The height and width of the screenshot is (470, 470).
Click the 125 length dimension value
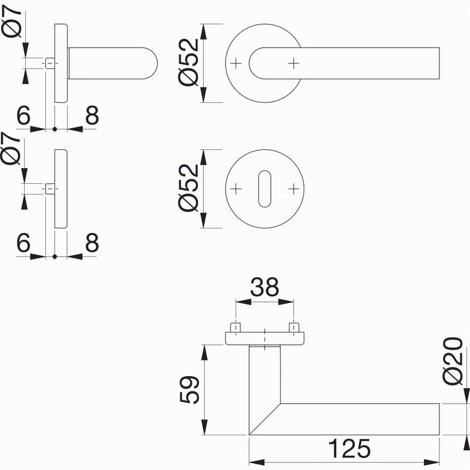pyautogui.click(x=349, y=448)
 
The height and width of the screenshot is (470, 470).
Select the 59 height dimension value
pyautogui.click(x=189, y=390)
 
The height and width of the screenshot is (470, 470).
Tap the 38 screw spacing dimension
pyautogui.click(x=265, y=287)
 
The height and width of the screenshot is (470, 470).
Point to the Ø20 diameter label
pyautogui.click(x=452, y=361)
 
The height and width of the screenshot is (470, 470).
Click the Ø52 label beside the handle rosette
pyautogui.click(x=189, y=62)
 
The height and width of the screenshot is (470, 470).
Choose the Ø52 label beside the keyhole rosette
pyautogui.click(x=189, y=188)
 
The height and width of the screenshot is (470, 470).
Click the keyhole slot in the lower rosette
pyautogui.click(x=265, y=189)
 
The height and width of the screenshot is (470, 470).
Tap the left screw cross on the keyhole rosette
pyautogui.click(x=236, y=189)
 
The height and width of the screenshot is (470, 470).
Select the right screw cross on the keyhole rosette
pyautogui.click(x=294, y=189)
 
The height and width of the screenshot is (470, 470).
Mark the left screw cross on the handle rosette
pyautogui.click(x=236, y=63)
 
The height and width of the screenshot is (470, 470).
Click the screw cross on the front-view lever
pyautogui.click(x=294, y=63)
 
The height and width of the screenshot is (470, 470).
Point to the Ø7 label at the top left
pyautogui.click(x=12, y=22)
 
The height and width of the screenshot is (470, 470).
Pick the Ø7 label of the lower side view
pyautogui.click(x=11, y=149)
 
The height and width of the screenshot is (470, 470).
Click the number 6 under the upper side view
pyautogui.click(x=23, y=115)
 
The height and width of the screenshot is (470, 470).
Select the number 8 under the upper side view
pyautogui.click(x=92, y=115)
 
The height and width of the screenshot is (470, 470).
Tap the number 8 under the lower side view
pyautogui.click(x=92, y=242)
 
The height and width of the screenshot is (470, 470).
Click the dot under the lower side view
pyautogui.click(x=55, y=256)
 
